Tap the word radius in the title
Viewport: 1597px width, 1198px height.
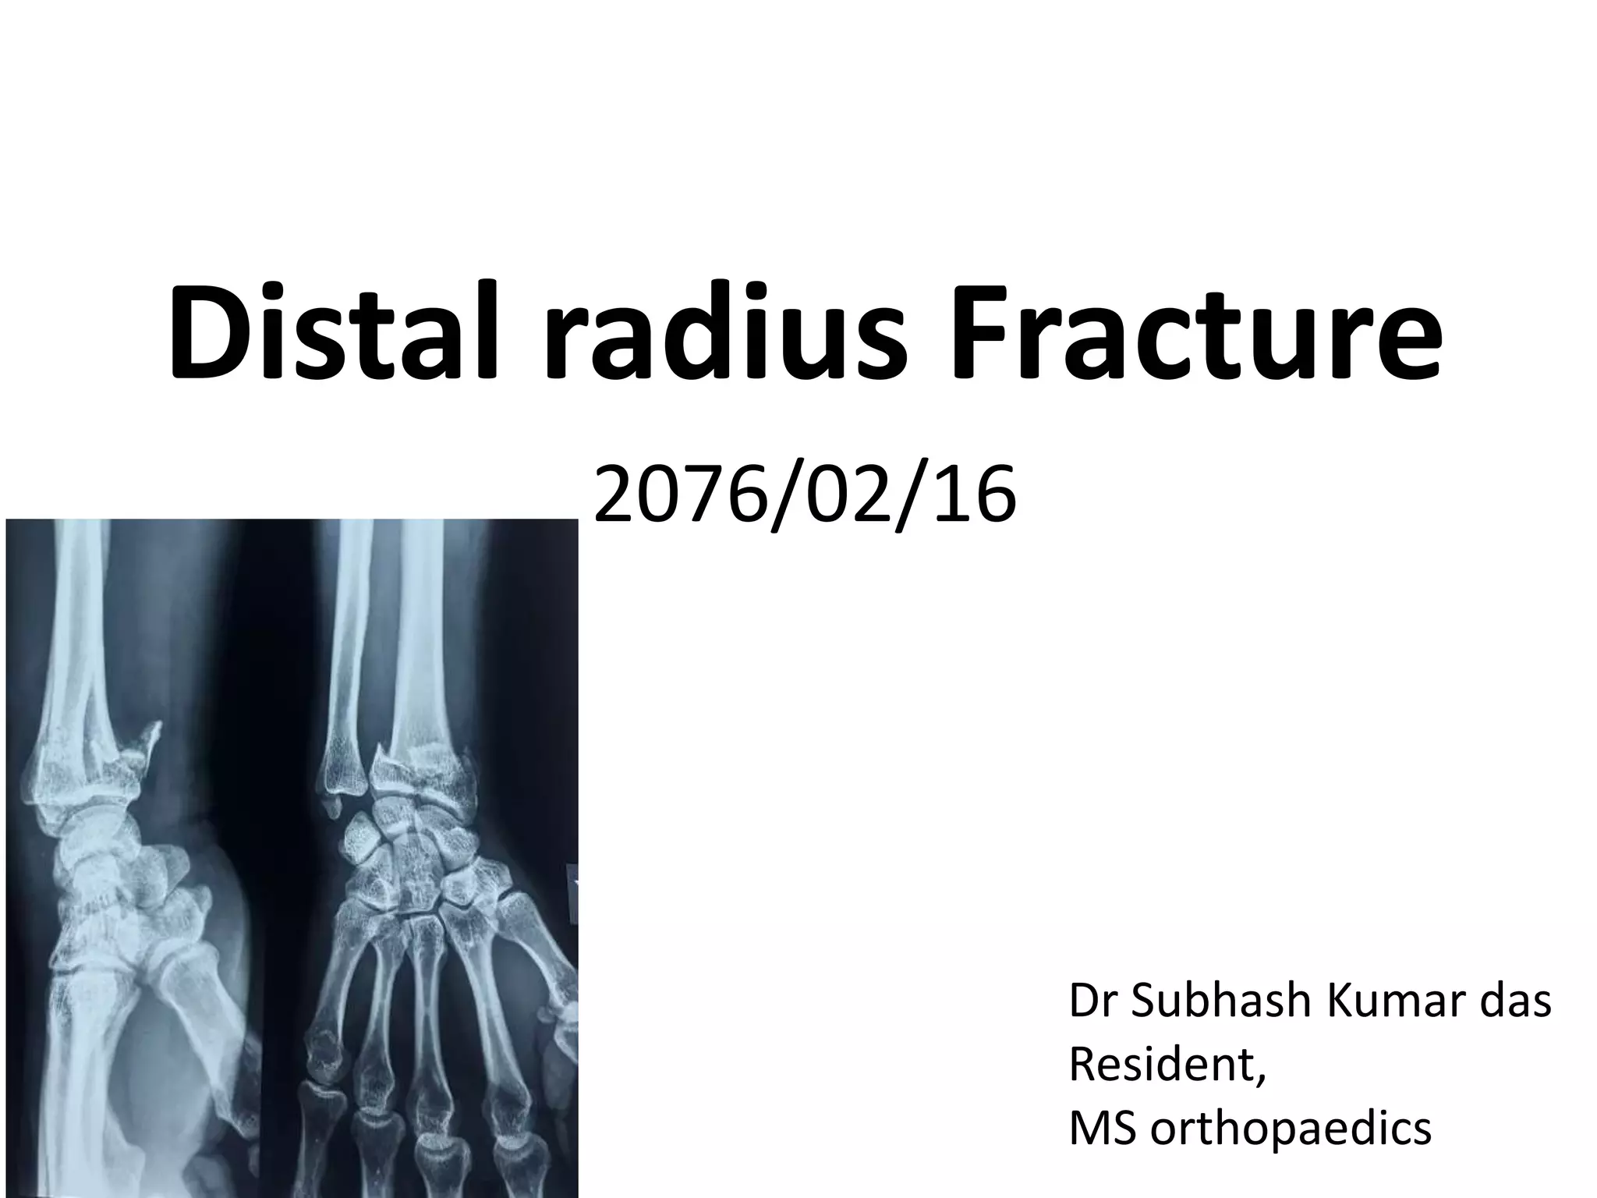[x=725, y=335]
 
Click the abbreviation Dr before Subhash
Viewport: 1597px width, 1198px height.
[x=1092, y=1001]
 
